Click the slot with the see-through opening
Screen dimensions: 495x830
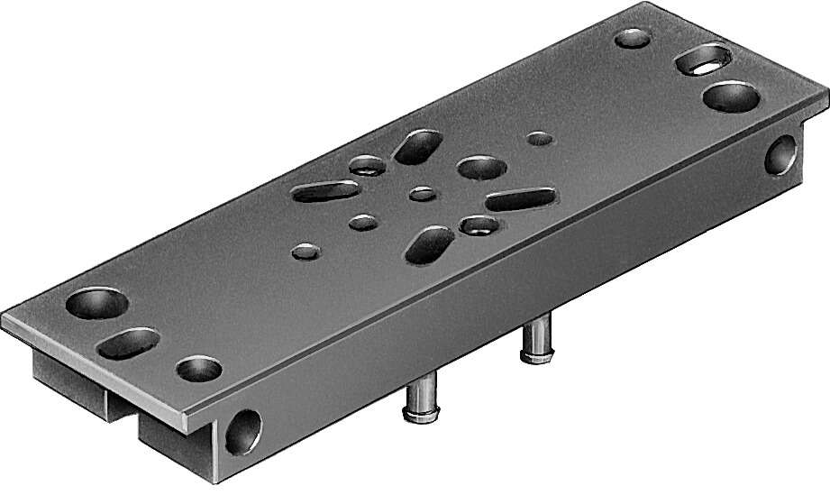tap(706, 61)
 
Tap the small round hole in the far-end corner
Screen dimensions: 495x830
tap(633, 39)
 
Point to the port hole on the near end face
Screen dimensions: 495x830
tap(242, 431)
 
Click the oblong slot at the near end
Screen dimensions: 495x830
tap(130, 342)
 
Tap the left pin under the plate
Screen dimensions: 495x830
tap(418, 398)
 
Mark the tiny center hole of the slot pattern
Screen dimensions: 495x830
tap(421, 193)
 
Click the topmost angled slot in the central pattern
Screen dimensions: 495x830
tap(417, 146)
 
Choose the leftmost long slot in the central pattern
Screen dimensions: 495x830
tap(326, 191)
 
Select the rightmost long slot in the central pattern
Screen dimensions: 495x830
tap(520, 198)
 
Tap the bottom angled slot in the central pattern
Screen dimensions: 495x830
tap(431, 244)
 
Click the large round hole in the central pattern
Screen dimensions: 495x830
tap(479, 167)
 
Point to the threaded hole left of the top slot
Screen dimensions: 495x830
tap(366, 165)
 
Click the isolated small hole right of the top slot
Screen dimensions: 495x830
tap(540, 139)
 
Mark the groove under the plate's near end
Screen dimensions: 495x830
tap(122, 408)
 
